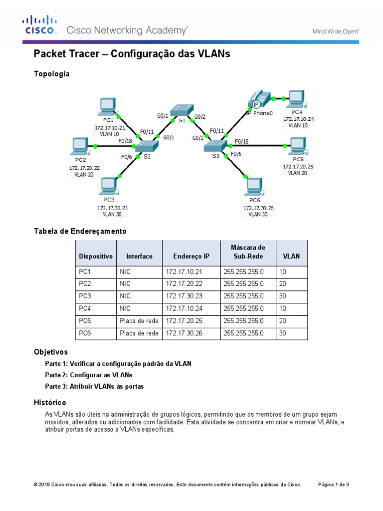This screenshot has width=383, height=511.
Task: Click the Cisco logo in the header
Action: click(39, 25)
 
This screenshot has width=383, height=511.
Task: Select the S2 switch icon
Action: click(146, 146)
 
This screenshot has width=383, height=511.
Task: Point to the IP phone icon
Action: click(258, 99)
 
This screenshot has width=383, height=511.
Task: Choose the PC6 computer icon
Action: click(254, 187)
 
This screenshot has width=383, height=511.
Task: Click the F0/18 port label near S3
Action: click(241, 141)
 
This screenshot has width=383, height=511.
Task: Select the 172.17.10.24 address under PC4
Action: click(299, 119)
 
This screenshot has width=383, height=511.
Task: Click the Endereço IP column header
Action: click(191, 256)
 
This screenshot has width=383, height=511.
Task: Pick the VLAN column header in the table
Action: click(291, 256)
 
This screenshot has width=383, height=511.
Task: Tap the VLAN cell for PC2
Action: click(283, 284)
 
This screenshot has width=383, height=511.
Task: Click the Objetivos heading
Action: click(50, 352)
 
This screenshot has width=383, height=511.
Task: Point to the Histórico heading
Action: click(50, 402)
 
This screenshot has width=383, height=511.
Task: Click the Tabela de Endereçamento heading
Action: click(80, 231)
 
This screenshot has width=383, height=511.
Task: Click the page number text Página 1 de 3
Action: click(334, 484)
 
